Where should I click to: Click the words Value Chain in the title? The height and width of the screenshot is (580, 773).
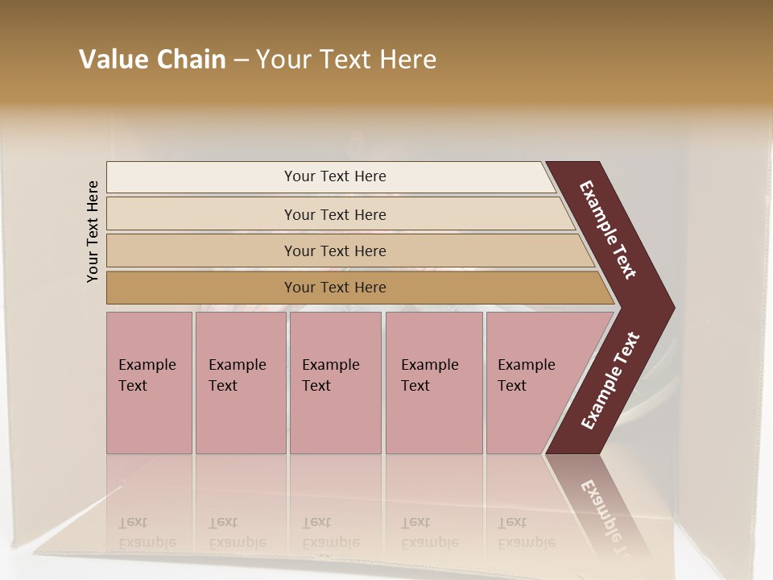pos(152,60)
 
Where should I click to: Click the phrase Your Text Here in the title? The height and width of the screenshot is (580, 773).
pos(346,60)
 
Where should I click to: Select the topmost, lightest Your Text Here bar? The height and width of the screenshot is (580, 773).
pos(335,176)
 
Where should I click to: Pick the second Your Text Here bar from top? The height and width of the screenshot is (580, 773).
pos(335,214)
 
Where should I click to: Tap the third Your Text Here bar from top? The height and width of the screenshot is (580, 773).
pos(335,251)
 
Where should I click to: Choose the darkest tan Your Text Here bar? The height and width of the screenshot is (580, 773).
pos(335,288)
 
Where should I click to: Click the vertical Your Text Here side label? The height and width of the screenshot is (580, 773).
pos(93,231)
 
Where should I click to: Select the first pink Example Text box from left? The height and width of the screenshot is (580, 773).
pos(149,383)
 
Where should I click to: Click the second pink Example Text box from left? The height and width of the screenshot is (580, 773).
pos(240,383)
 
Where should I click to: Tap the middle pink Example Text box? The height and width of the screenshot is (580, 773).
pos(335,383)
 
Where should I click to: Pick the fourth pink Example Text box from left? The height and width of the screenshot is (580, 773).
pos(434,383)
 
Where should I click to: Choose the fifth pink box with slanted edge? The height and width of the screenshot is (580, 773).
pos(531,383)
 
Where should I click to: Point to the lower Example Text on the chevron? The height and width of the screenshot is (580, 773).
pos(610,381)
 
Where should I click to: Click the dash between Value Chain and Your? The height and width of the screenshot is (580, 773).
pos(241,60)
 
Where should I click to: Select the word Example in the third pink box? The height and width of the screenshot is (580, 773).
pos(330,365)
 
